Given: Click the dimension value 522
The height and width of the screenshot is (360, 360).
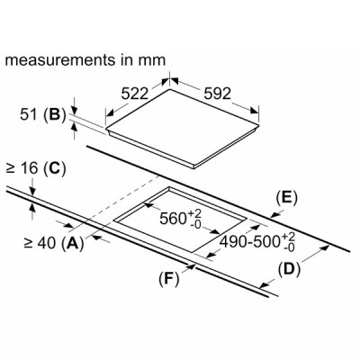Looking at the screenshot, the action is (135, 94).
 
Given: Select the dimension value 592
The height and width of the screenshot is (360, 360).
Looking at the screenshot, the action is (218, 94).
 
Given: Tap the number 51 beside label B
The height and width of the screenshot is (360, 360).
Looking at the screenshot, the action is (30, 115).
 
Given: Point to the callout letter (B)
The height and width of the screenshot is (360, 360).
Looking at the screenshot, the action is (55, 116).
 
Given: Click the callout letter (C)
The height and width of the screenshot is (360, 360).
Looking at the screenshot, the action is (54, 169).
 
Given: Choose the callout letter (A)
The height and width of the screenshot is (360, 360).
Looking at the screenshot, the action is (72, 243).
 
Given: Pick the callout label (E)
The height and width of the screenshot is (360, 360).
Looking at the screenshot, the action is (286, 198).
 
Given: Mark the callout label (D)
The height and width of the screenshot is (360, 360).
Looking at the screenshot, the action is (289, 269).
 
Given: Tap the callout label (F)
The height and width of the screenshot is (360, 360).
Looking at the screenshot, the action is (169, 279).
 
